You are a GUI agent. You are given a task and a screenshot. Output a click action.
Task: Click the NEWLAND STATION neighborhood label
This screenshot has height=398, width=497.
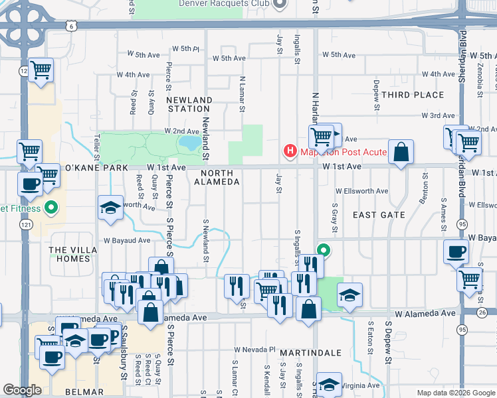189,104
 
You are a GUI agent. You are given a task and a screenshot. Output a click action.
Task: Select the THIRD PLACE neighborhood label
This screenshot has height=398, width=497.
413,95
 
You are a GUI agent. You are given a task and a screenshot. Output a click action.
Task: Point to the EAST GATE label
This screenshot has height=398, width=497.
379,215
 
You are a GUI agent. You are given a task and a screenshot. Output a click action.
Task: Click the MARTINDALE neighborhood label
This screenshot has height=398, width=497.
310,352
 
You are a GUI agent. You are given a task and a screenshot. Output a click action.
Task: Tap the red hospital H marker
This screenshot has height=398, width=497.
290,152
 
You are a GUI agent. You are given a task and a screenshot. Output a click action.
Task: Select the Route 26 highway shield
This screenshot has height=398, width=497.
482,312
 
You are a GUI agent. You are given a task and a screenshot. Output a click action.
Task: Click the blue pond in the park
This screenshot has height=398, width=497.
189,143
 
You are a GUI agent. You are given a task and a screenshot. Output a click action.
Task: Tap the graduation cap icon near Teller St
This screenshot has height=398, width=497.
110,207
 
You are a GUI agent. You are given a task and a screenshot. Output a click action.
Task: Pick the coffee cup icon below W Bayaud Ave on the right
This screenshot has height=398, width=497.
456,251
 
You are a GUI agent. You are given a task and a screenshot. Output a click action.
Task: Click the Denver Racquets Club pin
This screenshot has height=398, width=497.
280,3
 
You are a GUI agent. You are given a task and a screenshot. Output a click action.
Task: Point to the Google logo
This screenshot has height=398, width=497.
22,390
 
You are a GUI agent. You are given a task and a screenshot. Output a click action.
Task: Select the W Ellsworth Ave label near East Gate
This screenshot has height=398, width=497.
361,192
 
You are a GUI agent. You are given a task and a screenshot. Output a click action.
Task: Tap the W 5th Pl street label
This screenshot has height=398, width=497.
185,48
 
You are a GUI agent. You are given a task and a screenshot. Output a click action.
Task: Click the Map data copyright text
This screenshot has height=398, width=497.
455,393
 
